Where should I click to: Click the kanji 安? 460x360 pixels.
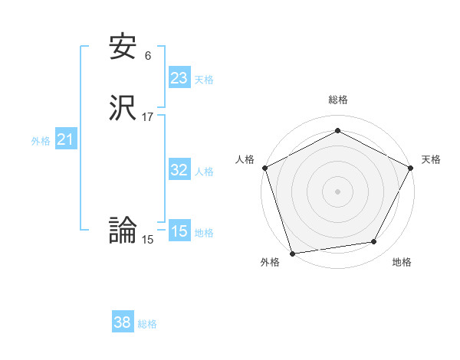[x=123, y=47]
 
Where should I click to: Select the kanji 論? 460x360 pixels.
[x=123, y=229]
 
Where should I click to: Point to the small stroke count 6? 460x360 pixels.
[x=147, y=55]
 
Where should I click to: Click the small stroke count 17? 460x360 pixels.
[x=148, y=117]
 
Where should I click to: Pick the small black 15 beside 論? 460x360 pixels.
[x=148, y=239]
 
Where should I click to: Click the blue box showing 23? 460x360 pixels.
[x=179, y=78]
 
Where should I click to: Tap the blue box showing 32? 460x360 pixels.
[x=179, y=170]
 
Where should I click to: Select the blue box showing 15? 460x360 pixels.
[x=179, y=231]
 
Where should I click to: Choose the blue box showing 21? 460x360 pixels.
[x=65, y=139]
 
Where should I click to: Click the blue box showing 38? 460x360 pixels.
[x=122, y=322]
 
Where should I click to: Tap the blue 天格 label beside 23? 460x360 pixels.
[x=204, y=80]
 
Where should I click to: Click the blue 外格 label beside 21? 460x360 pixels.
[x=41, y=141]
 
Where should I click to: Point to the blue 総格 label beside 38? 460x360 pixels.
[x=147, y=324]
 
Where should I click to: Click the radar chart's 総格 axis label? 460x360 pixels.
[x=337, y=100]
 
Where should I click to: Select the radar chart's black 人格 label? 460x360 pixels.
[x=245, y=159]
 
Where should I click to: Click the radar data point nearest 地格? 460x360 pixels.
[x=374, y=242]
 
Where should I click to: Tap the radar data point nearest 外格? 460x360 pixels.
[x=291, y=252]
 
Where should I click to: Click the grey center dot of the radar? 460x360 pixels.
[x=337, y=191]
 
